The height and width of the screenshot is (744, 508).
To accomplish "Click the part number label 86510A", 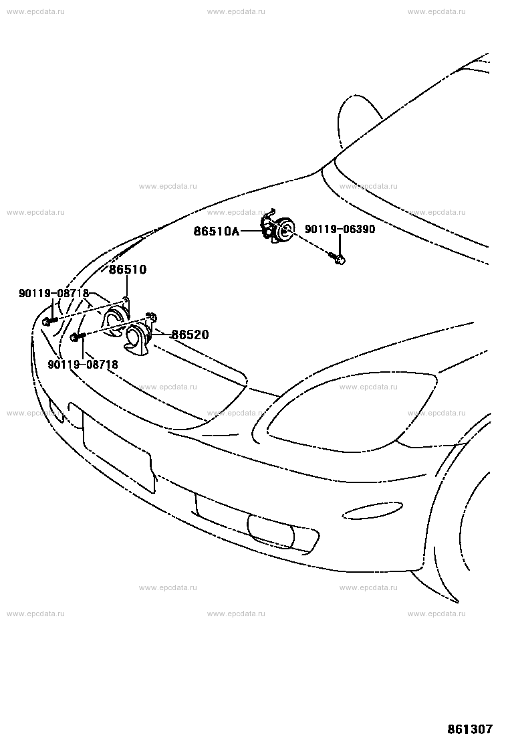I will coord(216,231).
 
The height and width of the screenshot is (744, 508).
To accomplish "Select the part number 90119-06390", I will coord(340,229).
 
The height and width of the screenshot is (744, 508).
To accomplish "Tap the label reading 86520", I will coord(189,335).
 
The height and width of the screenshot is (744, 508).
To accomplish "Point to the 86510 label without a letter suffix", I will coord(128,270).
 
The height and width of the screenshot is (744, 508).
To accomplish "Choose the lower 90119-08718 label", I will coord(83,365).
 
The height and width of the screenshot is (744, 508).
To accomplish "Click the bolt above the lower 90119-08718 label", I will coord(76,337).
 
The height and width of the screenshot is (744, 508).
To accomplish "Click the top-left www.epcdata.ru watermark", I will coord(35,12).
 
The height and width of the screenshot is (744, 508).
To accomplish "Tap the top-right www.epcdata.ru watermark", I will coord(436,12).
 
